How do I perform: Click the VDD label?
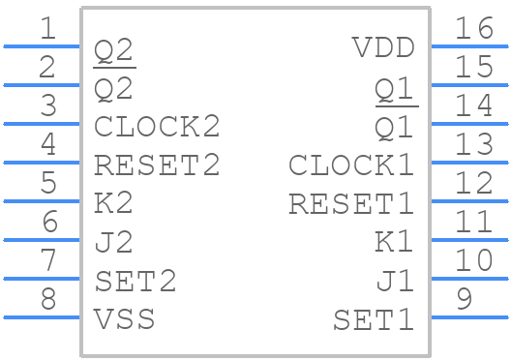click(383, 47)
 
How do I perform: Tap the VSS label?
click(125, 318)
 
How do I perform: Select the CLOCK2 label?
click(157, 126)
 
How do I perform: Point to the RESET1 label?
click(351, 204)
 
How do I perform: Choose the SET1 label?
click(374, 319)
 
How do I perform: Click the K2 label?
click(114, 203)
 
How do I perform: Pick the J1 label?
click(395, 282)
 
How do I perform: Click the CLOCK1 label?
click(351, 165)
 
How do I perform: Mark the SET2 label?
click(135, 281)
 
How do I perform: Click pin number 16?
click(474, 29)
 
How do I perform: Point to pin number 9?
click(464, 300)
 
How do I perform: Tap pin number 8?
click(47, 300)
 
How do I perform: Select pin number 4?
click(47, 145)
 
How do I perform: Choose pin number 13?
click(474, 145)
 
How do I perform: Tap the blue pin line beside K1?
click(468, 239)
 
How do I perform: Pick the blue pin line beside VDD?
click(468, 45)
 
